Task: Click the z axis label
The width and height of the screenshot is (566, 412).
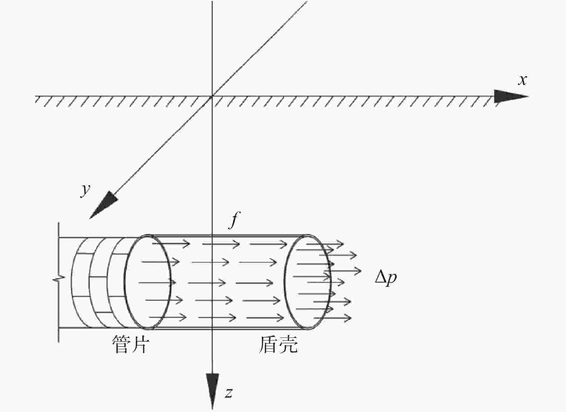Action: tap(229, 393)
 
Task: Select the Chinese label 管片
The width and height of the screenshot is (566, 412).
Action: tap(130, 344)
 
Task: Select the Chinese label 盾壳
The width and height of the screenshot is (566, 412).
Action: tap(278, 344)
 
